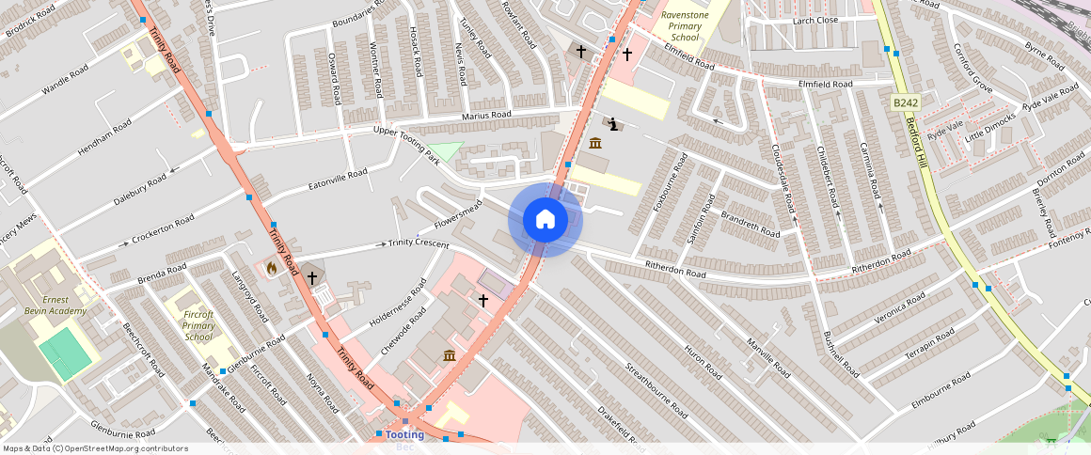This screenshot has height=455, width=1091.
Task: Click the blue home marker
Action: pos(545,220)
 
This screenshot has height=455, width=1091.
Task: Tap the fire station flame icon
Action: pos(272,268)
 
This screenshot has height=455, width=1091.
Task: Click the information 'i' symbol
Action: pos(613,123)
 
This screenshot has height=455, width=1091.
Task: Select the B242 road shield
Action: pos(905,102)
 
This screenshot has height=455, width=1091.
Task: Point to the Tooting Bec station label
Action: pos(404,435)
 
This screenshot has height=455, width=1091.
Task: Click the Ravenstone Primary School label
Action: pos(686,26)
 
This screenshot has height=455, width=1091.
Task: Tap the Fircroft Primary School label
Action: pos(198,325)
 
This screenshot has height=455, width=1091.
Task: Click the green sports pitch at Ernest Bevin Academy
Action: pos(65,353)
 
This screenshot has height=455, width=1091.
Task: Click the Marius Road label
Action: pos(486,115)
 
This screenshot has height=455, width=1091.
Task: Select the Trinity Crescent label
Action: pos(419,243)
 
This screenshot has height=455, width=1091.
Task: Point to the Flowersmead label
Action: pos(459,214)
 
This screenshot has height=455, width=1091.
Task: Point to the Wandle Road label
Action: pos(66,80)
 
